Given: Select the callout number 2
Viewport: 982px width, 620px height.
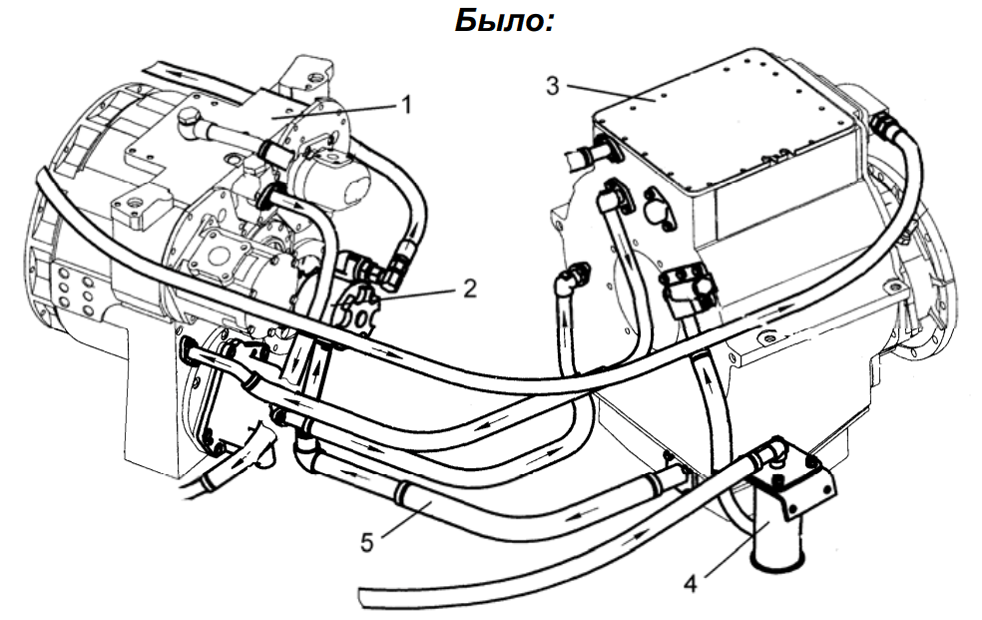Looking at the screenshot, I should point(469,290).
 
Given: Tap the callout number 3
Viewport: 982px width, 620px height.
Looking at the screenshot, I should point(552,84).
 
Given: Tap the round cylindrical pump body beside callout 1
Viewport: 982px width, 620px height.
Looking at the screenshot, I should point(335,179).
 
